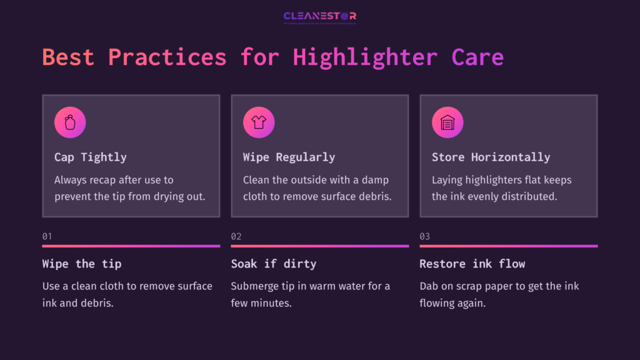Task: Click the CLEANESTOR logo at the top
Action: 319,16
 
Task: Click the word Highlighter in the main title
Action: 365,57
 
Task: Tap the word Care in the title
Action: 477,57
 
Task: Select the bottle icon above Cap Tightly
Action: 70,122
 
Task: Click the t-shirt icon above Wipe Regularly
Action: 259,122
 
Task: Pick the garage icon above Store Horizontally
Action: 447,122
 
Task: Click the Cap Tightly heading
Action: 91,157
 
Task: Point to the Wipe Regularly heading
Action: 289,157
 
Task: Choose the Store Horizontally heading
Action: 491,157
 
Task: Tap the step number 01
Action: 47,236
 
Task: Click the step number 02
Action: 236,236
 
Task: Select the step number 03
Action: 424,236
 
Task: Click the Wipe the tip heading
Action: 82,264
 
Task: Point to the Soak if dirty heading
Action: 274,264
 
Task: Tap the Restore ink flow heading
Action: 472,264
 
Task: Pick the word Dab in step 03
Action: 429,286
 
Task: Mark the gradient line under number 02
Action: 319,246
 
